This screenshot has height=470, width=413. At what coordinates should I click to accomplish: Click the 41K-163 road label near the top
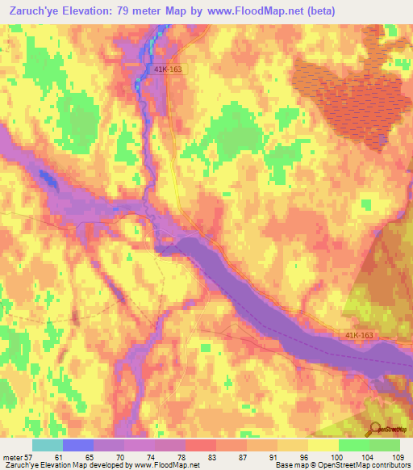click(167, 70)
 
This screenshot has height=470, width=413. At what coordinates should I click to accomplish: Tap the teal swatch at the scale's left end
click(48, 445)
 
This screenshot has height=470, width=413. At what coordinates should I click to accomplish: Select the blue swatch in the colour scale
click(78, 445)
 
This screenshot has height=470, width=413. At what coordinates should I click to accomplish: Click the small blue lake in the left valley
click(48, 179)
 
